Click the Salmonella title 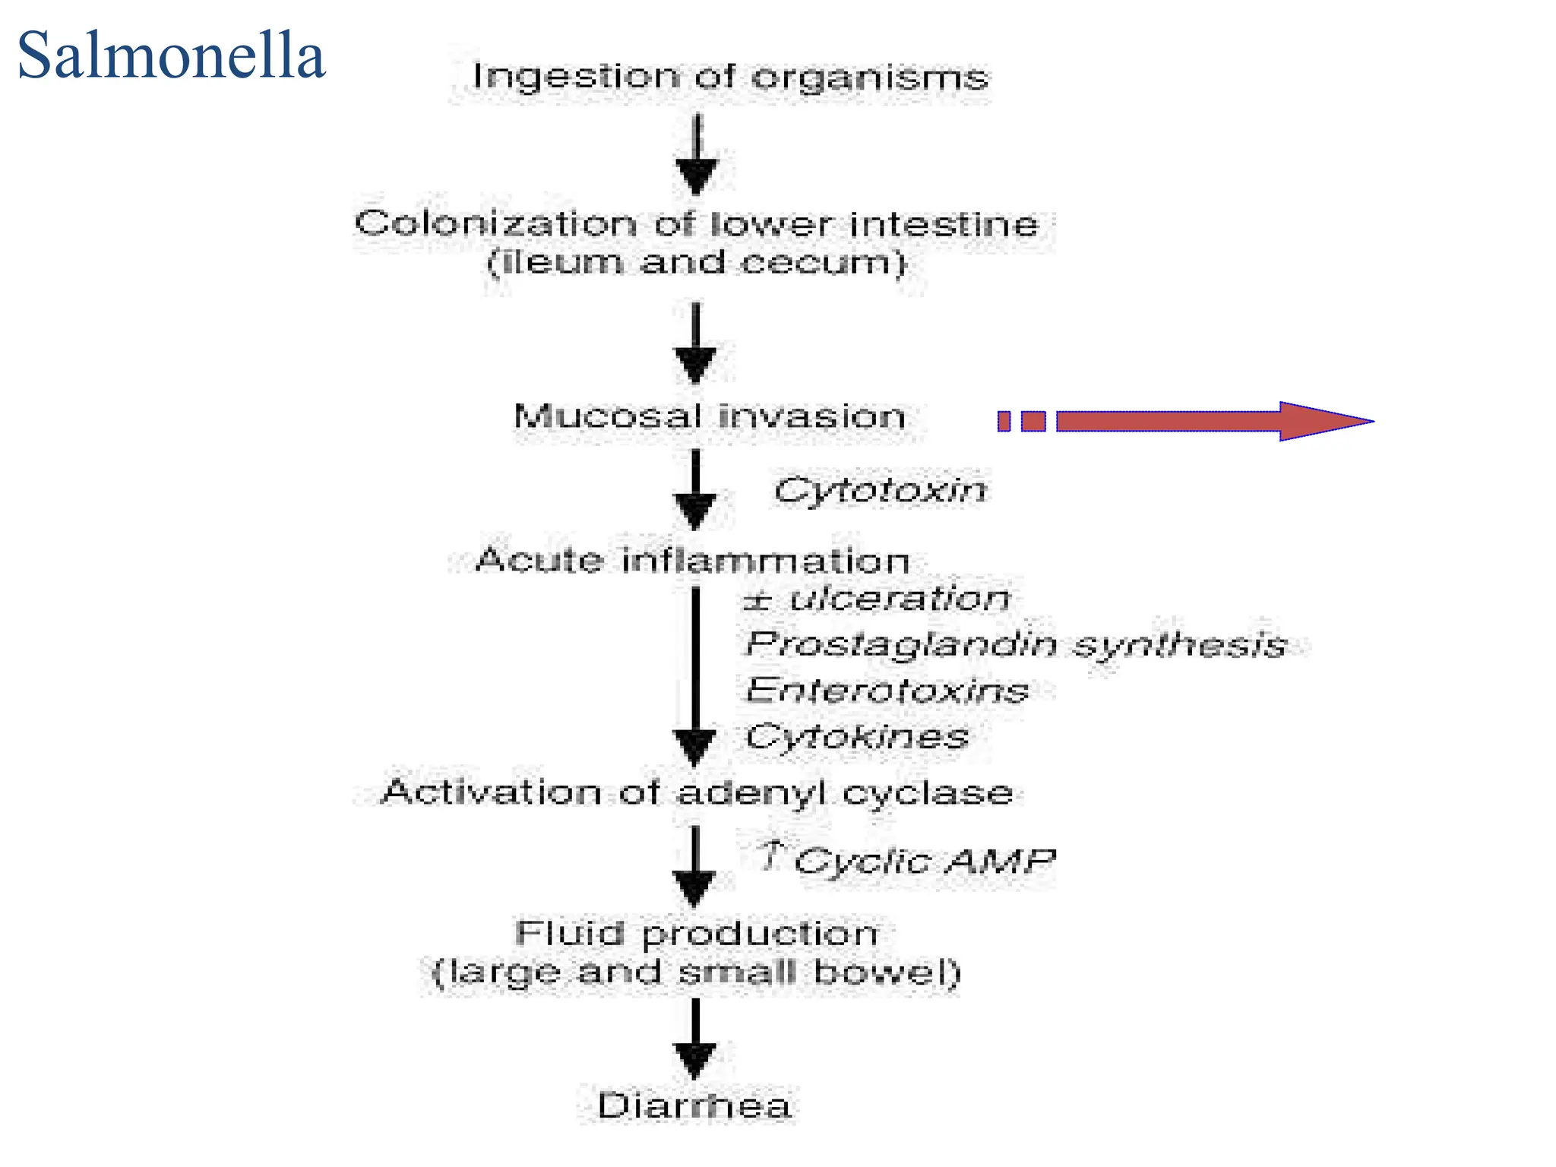click(x=172, y=56)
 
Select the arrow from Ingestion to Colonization click(x=697, y=156)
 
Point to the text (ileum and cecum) click(x=697, y=263)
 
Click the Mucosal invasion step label click(x=710, y=416)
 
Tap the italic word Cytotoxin click(x=880, y=490)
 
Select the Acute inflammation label click(x=692, y=561)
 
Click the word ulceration click(x=900, y=599)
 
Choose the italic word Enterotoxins click(x=887, y=691)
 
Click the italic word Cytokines click(x=857, y=736)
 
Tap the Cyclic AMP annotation click(x=923, y=861)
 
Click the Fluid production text click(x=697, y=933)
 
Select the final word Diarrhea click(x=694, y=1105)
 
